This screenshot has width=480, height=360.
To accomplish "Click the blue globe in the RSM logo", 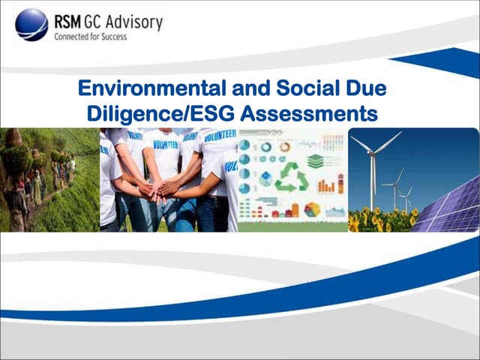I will (31, 24).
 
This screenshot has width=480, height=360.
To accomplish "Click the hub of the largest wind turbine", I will (372, 152).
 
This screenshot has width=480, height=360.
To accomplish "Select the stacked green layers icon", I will (316, 160).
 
